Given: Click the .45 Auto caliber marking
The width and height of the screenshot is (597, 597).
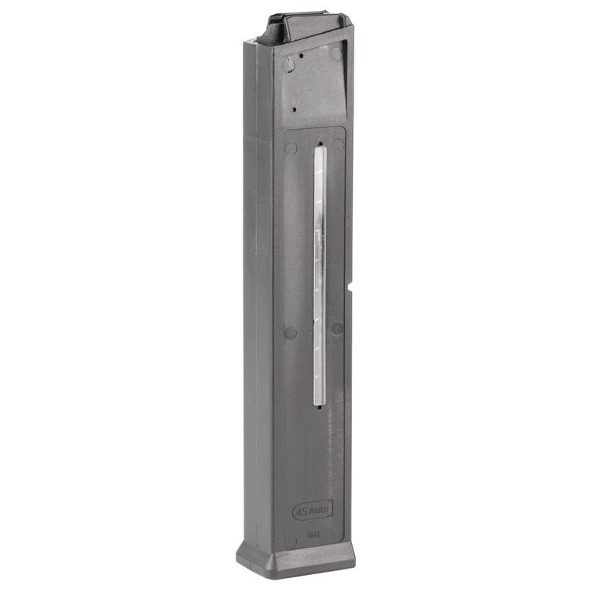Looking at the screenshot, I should [x=313, y=511].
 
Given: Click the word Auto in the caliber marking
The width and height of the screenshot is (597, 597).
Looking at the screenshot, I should [x=319, y=511].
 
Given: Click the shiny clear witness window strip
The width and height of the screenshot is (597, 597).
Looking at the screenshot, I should [x=319, y=275].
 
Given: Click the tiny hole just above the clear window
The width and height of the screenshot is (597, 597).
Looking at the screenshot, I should [x=320, y=143].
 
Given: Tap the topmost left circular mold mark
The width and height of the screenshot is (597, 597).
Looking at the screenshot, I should [x=288, y=65].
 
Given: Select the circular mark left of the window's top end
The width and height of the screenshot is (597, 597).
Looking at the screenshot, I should [x=291, y=148].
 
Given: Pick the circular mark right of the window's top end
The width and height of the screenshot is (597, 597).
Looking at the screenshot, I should [x=339, y=146].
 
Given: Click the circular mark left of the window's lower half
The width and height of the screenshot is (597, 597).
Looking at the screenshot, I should [x=291, y=332].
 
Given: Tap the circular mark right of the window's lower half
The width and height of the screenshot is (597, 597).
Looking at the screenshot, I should [x=337, y=328].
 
